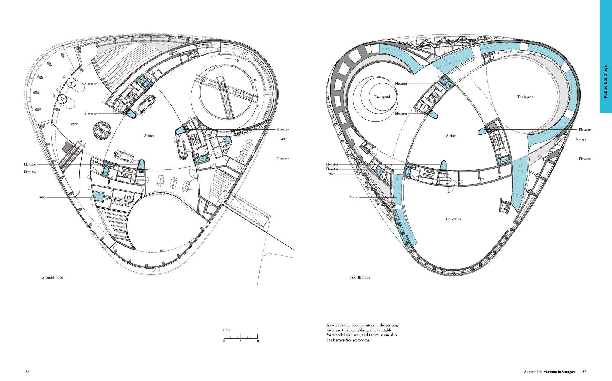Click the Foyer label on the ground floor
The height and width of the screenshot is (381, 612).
(73, 124)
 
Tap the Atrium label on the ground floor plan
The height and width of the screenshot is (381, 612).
(149, 136)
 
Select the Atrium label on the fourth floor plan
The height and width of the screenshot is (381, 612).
(451, 136)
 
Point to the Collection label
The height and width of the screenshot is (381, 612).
(454, 219)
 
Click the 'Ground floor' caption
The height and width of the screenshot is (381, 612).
(52, 277)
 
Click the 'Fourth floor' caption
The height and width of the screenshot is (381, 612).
(360, 277)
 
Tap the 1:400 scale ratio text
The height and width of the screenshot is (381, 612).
(227, 330)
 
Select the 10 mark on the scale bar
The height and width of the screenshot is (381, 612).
(257, 341)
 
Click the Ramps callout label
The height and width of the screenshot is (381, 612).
(581, 139)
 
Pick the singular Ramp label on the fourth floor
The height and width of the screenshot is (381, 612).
(354, 197)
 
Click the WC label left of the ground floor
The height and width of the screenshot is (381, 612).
(43, 198)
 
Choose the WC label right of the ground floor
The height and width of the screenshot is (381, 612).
(284, 139)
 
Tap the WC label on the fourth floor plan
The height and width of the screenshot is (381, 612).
(332, 174)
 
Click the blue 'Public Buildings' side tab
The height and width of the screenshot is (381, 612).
(605, 56)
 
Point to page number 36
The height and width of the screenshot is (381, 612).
(27, 372)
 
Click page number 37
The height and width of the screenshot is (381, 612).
(584, 372)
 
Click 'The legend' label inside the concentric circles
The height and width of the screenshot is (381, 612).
(382, 97)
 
